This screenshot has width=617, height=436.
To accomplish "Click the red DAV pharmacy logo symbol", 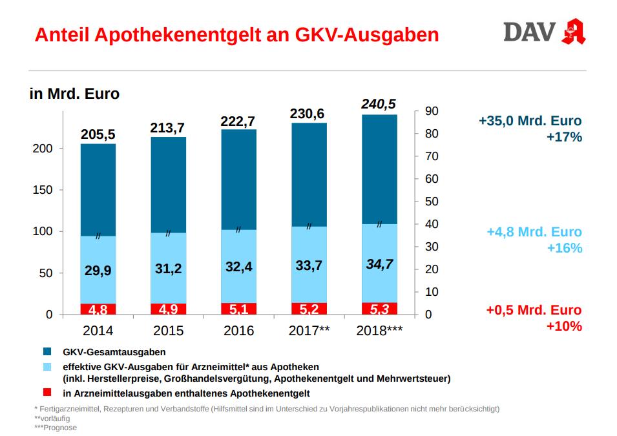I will tap(574, 32).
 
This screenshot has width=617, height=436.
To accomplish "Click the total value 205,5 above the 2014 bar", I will tap(98, 134).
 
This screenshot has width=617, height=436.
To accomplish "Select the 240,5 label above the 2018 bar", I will tap(379, 105).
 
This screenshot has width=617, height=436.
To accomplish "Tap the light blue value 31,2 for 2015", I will tap(168, 269).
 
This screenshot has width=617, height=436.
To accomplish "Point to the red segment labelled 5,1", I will tap(238, 309).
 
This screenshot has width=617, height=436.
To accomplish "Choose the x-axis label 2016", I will tap(238, 331).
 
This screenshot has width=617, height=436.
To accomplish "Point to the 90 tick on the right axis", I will tap(432, 111).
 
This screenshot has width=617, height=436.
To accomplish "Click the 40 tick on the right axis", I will tap(432, 224).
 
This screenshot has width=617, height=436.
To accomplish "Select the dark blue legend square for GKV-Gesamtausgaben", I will tap(48, 352).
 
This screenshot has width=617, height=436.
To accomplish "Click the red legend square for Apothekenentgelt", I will tap(48, 393).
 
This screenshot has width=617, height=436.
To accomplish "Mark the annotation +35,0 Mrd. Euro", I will tap(530, 121).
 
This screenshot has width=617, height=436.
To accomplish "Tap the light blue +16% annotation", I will tap(564, 249).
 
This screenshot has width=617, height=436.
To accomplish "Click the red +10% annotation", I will tap(564, 326).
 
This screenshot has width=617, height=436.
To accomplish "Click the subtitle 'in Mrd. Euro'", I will tap(75, 94).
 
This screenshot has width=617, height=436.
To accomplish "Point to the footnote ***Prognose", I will tap(56, 428).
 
